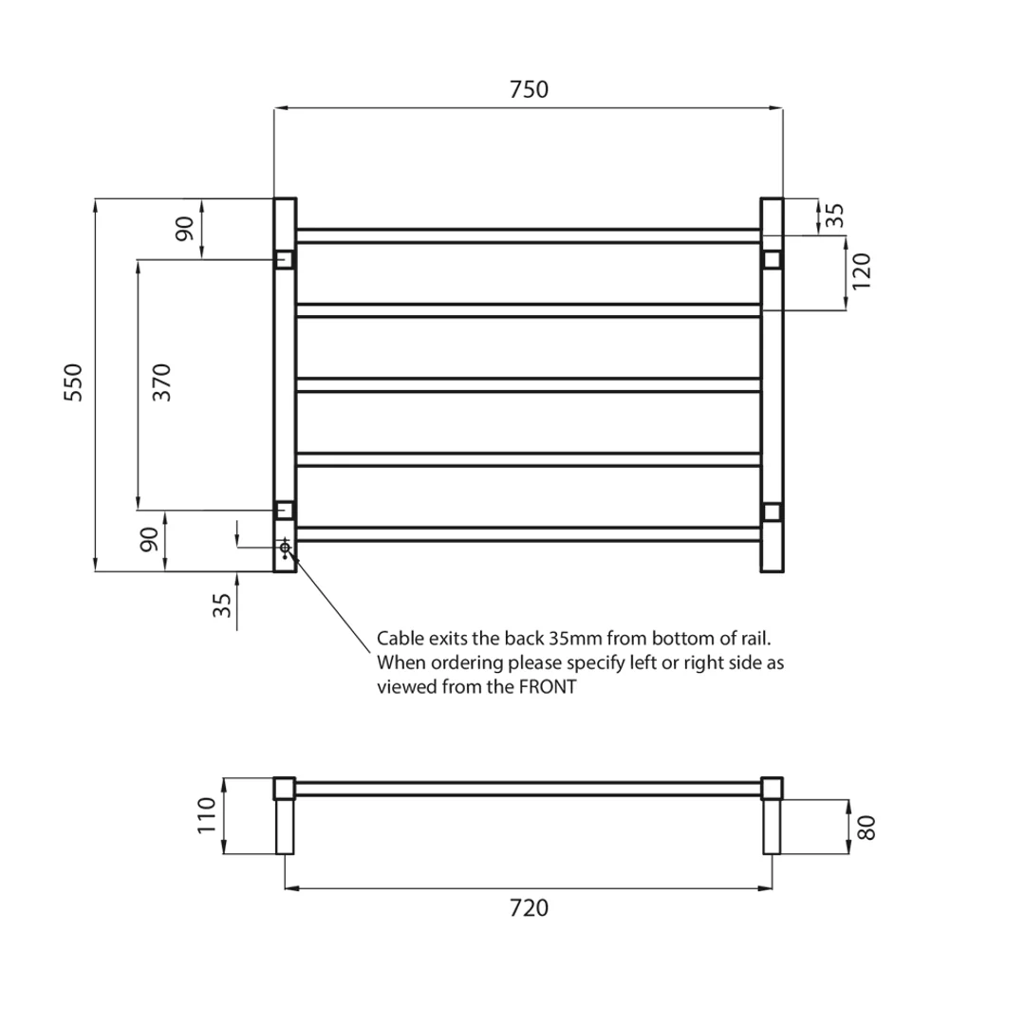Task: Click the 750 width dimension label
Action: (x=529, y=90)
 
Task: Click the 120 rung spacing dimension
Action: (x=861, y=271)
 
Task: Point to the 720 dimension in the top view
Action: (x=529, y=908)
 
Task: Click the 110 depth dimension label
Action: (x=208, y=815)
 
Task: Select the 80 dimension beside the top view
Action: (x=865, y=827)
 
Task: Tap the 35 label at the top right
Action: (x=834, y=215)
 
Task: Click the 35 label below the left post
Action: (x=222, y=606)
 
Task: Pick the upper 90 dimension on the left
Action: (x=184, y=228)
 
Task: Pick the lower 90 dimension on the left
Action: (x=149, y=541)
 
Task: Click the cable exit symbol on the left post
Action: (x=285, y=548)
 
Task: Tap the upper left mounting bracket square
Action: (x=284, y=259)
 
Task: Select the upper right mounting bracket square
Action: (x=772, y=259)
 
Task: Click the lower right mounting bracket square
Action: (x=772, y=512)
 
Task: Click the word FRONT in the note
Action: (x=547, y=688)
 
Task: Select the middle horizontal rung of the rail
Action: (x=529, y=384)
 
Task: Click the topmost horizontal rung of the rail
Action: (x=529, y=234)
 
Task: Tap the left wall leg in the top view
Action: (x=285, y=827)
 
